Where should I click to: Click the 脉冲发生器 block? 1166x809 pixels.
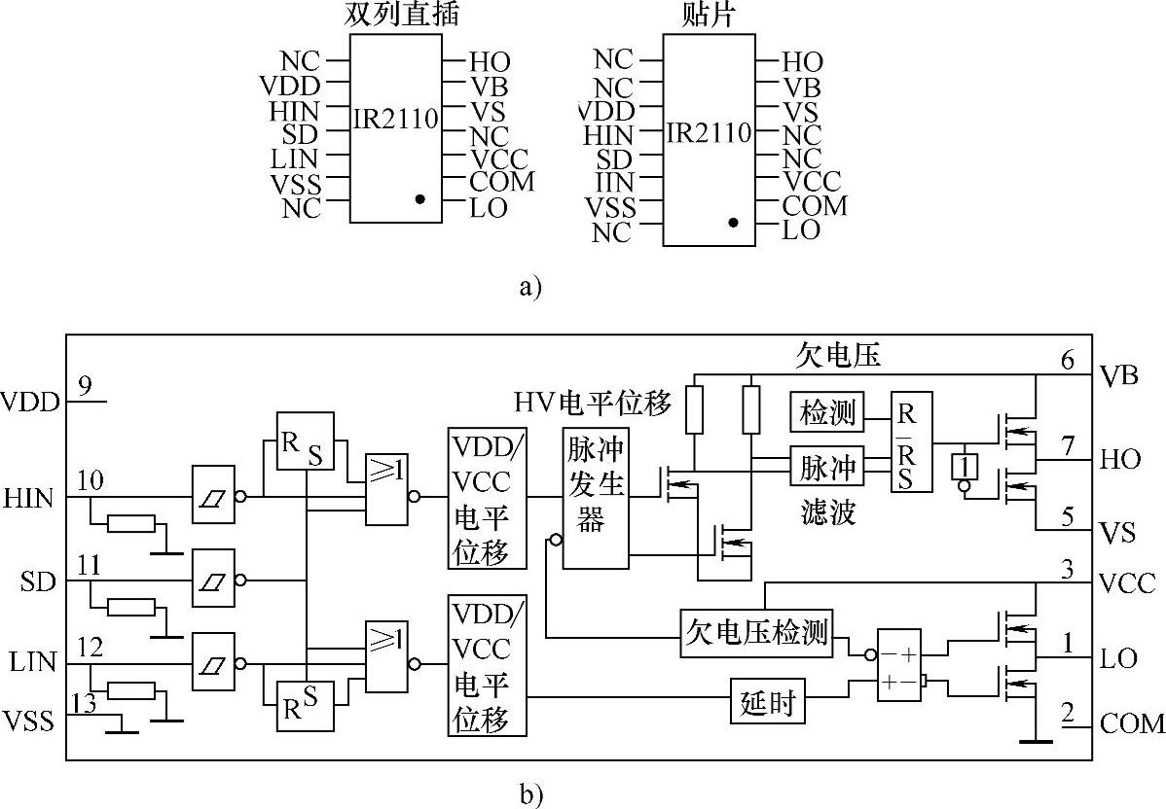[x=595, y=497]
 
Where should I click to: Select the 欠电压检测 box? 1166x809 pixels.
[x=755, y=633]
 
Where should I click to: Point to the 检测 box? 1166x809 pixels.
[x=827, y=413]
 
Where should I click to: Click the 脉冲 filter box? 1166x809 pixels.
[x=827, y=467]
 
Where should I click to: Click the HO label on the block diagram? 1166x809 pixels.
[x=1121, y=459]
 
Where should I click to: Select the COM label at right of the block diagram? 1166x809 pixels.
[x=1132, y=723]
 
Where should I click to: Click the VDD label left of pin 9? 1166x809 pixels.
[x=31, y=401]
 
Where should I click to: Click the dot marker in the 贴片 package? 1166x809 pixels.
[x=733, y=223]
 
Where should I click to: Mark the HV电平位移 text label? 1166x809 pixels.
[x=593, y=400]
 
